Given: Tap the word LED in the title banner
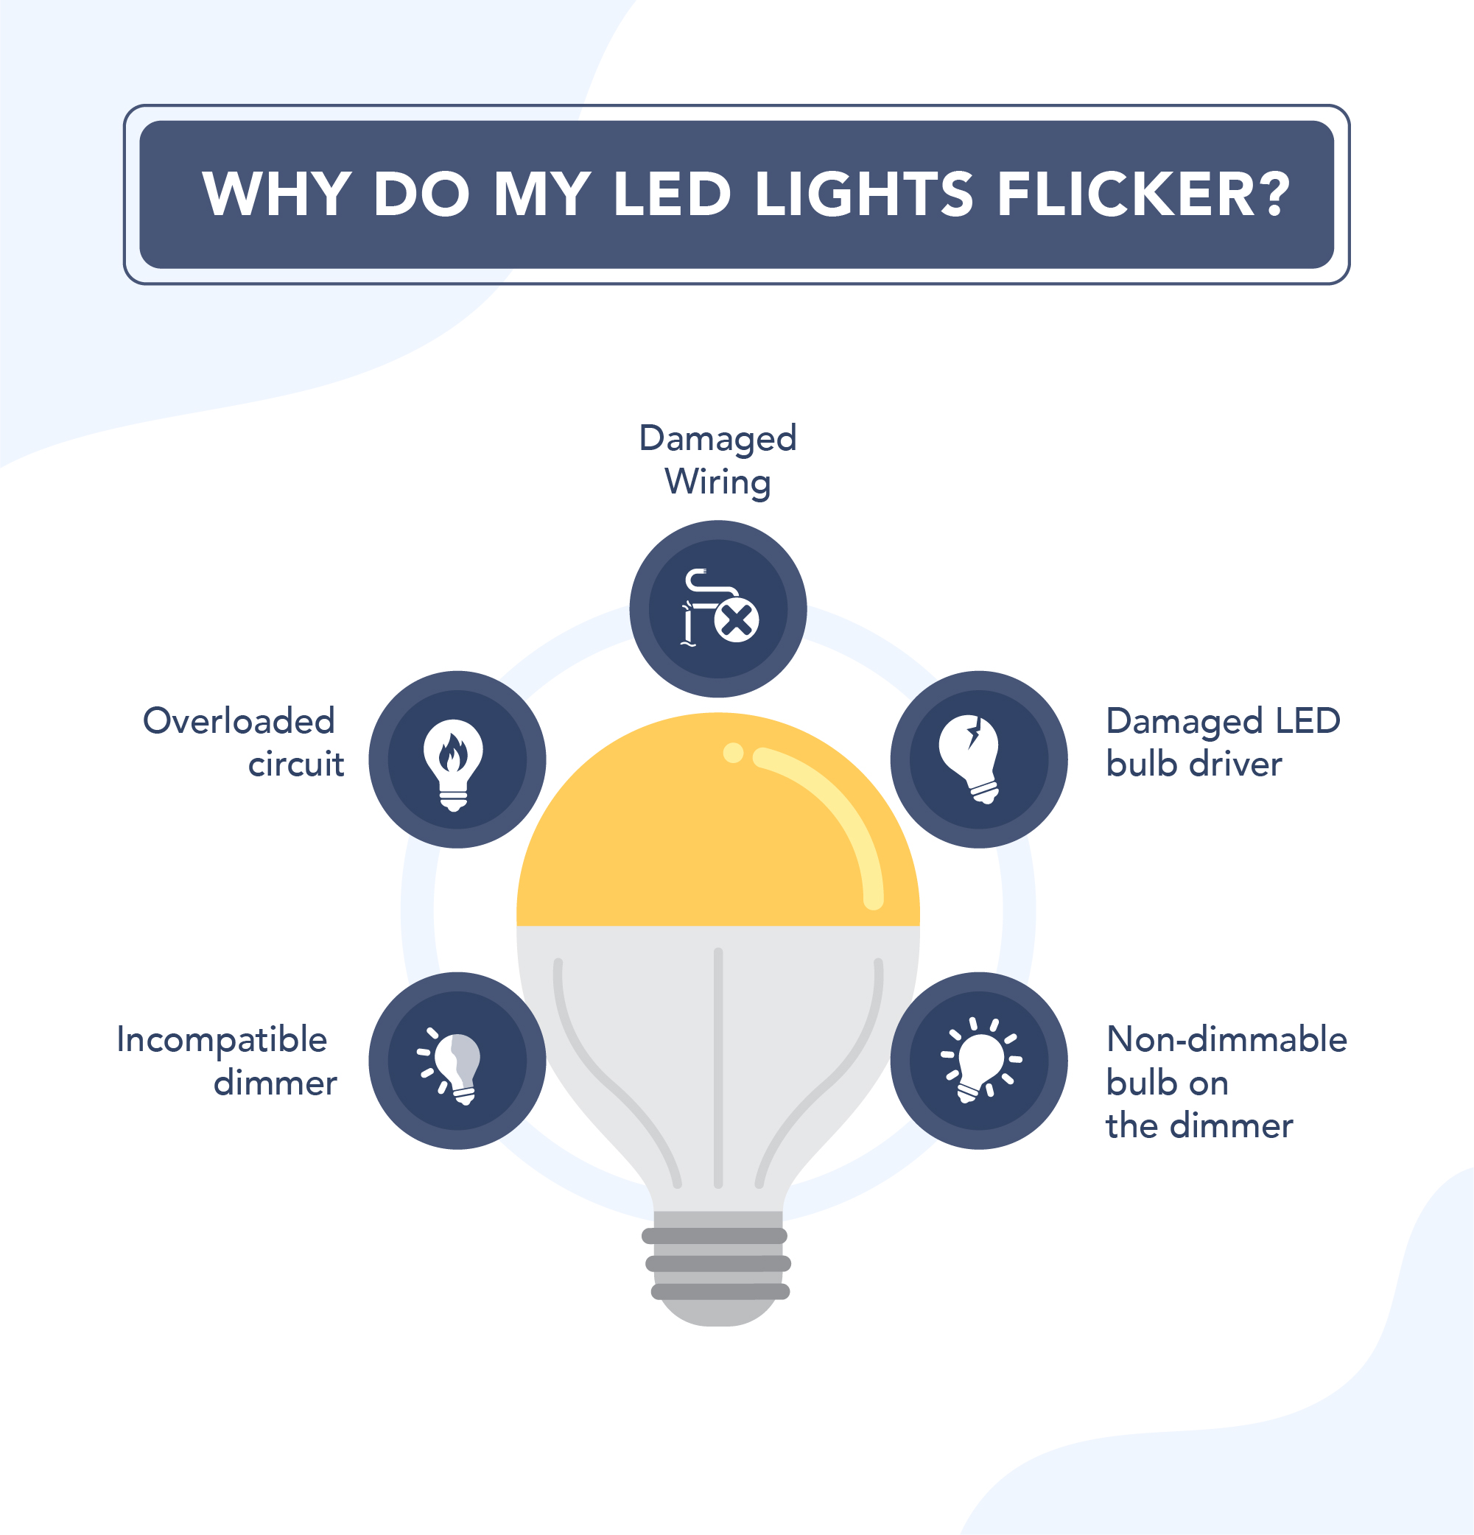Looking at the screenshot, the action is click(x=672, y=194).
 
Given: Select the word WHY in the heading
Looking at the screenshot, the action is click(x=276, y=194).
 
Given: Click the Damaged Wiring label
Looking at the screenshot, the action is click(x=717, y=460).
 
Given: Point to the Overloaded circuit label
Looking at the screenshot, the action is click(x=243, y=742).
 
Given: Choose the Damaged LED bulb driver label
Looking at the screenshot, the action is click(x=1222, y=742).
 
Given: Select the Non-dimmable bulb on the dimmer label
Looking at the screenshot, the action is click(x=1225, y=1081).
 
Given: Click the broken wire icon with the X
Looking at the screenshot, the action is click(x=718, y=608).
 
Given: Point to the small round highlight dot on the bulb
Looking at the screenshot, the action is click(x=733, y=753).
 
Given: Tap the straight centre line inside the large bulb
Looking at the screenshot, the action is click(x=718, y=1065).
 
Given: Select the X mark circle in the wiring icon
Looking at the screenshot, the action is click(x=737, y=622).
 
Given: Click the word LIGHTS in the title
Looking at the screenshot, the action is click(x=864, y=194).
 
